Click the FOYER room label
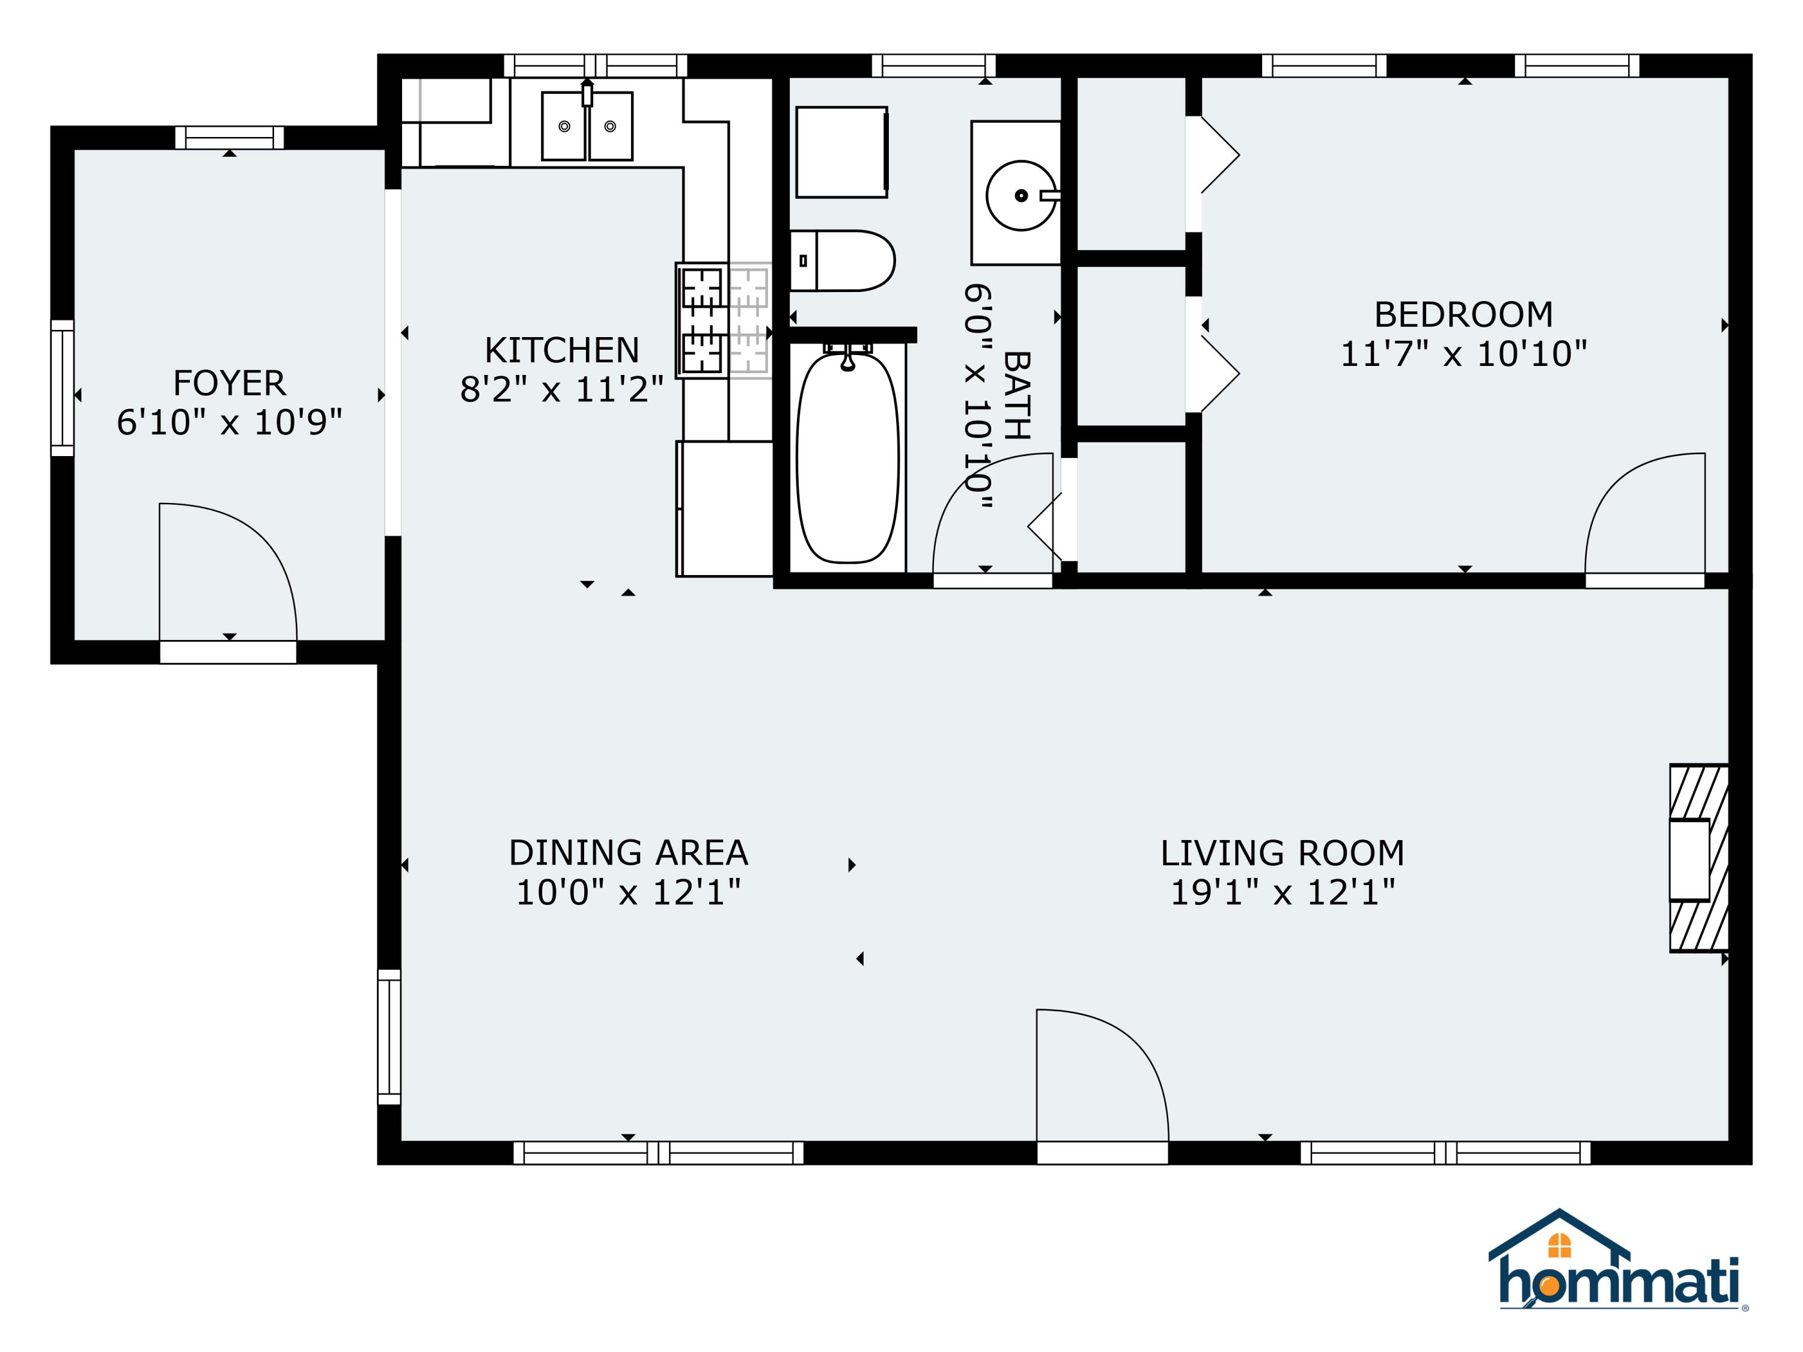pos(229,383)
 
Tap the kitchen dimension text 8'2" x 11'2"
pos(561,389)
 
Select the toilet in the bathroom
pos(844,261)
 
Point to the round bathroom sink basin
pos(1020,195)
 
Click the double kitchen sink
pos(587,126)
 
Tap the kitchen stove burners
pos(703,320)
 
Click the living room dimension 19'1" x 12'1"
pos(1282,892)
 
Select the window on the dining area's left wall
pos(389,1037)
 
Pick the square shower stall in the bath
pos(841,151)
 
